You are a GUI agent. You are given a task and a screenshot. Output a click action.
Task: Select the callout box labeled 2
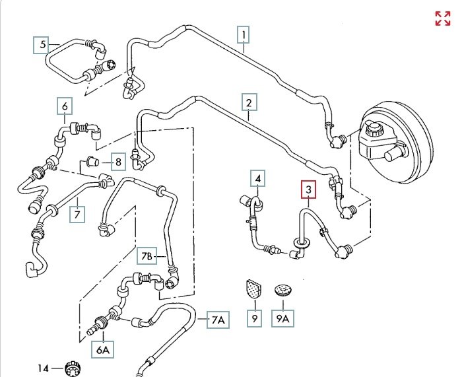tap(249, 102)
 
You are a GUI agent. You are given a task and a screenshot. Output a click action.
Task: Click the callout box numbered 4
tap(259, 178)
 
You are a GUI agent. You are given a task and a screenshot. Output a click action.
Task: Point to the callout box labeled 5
tap(43, 45)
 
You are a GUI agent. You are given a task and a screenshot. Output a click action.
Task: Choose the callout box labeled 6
tap(65, 106)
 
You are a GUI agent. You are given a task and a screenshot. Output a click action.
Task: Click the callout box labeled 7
tap(77, 215)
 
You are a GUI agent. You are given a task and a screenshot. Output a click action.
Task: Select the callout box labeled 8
tap(117, 161)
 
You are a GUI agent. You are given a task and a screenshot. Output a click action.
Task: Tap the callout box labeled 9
tap(253, 320)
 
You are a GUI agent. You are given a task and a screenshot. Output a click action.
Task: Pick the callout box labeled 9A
tap(282, 320)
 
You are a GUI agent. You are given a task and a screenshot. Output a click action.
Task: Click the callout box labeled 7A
tap(218, 320)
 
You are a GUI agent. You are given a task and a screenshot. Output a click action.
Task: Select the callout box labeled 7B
tap(147, 255)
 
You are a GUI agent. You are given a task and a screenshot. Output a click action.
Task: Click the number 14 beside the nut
tap(44, 367)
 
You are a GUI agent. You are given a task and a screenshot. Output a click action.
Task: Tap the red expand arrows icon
tap(442, 18)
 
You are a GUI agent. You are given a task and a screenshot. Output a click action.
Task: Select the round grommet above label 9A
tap(283, 289)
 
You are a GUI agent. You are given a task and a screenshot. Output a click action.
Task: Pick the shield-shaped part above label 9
tap(251, 289)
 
